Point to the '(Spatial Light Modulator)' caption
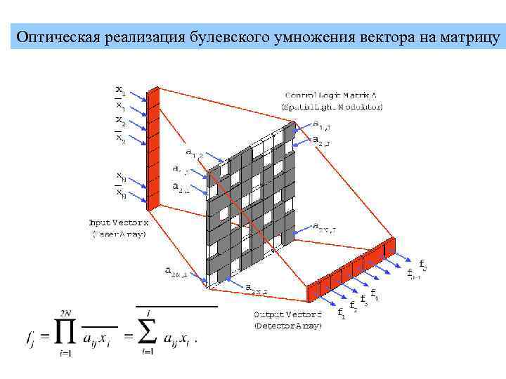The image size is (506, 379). click(x=332, y=107)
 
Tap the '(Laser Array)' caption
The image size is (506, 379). click(x=117, y=234)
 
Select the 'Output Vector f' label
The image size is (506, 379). click(x=287, y=314)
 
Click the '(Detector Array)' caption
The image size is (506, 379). click(x=287, y=326)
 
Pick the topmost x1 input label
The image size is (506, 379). click(x=121, y=91)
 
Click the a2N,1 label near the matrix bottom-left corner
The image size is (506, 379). click(x=175, y=271)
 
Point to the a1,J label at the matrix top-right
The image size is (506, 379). click(x=323, y=126)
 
